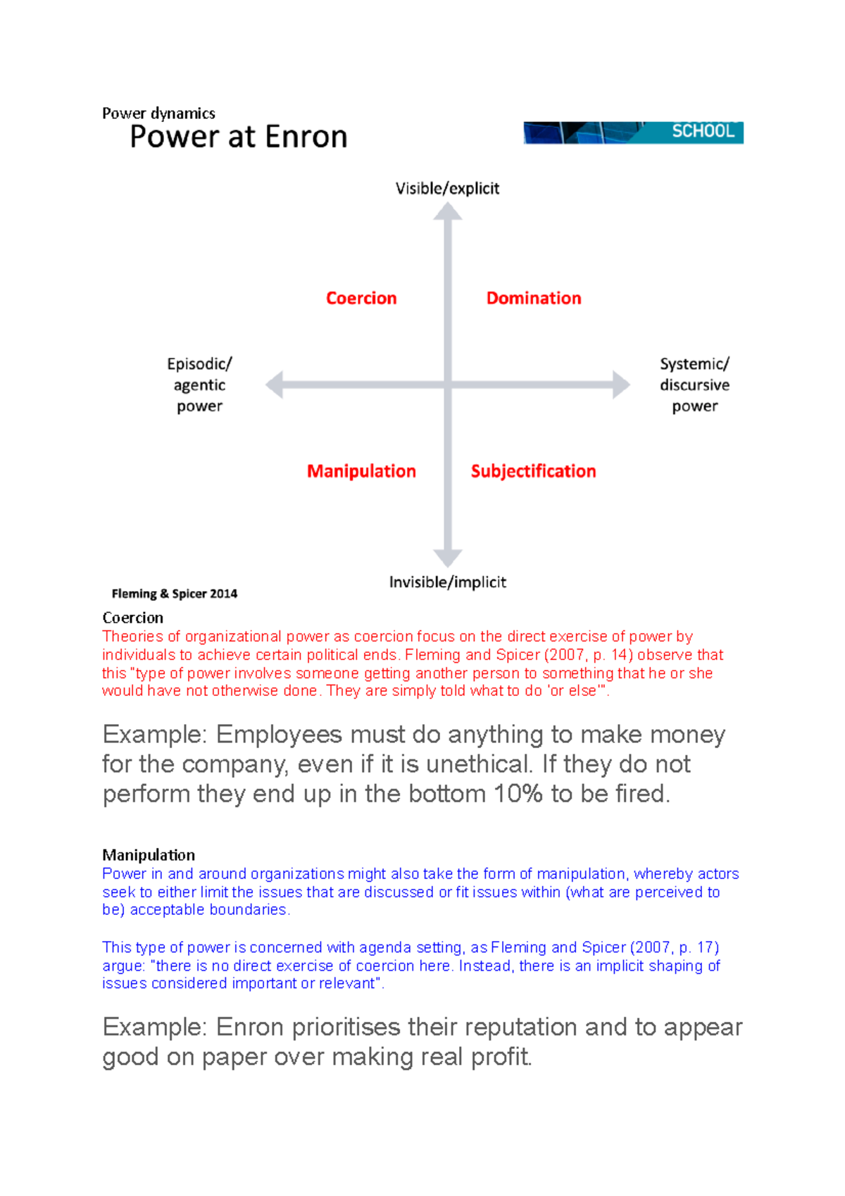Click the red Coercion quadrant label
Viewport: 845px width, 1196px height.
(x=361, y=298)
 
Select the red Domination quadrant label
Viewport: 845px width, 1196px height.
(x=534, y=298)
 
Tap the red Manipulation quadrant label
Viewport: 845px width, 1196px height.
(x=361, y=471)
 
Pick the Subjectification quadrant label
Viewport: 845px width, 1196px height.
(x=533, y=471)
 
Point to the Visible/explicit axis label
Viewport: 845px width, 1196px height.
(x=447, y=189)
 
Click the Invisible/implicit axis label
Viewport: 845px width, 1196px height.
(x=447, y=582)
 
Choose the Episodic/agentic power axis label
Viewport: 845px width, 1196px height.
(x=199, y=385)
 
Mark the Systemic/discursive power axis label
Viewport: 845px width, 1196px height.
(x=694, y=385)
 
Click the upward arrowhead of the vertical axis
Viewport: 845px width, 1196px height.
(x=447, y=212)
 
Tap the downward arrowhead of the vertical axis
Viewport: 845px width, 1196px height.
(x=447, y=557)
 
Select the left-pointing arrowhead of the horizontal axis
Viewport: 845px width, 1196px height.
(x=275, y=385)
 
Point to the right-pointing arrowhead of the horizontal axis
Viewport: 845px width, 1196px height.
(x=620, y=385)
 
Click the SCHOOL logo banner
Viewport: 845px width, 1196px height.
(x=633, y=132)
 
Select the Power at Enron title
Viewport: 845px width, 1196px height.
(x=239, y=137)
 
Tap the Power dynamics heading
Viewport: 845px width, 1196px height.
(x=158, y=113)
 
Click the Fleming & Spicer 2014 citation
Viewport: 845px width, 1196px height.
(x=175, y=594)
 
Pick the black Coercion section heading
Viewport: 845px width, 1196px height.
(x=133, y=618)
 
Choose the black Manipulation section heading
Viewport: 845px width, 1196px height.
(x=149, y=855)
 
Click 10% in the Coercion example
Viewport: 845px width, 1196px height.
(x=518, y=794)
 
